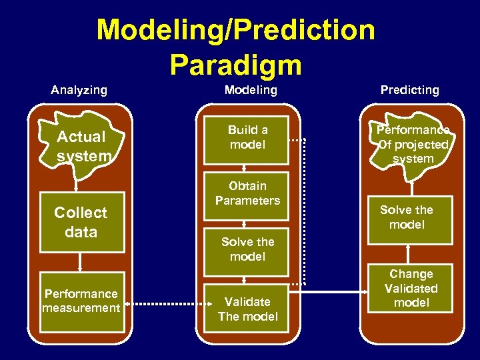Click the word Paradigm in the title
pos(235,65)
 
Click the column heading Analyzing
pos(79,90)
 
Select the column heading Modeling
pos(250,90)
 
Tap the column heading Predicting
pos(409,90)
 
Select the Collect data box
pos(81,223)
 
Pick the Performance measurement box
pos(81,301)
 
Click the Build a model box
pos(247,138)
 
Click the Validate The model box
pos(247,309)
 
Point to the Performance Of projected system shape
pos(412,145)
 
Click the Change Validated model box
pos(411,289)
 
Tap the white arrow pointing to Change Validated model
pos(333,291)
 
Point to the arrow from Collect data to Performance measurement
pos(81,261)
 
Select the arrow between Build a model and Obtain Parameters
pos(245,169)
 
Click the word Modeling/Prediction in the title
pos(235,30)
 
